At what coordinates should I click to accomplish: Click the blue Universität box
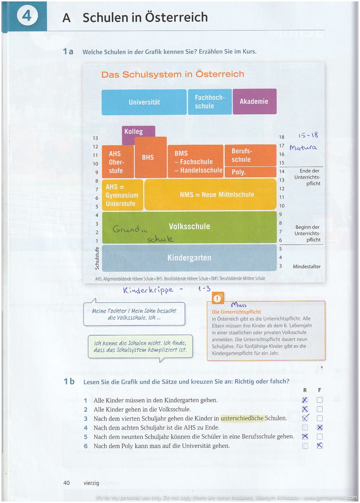[x=144, y=102]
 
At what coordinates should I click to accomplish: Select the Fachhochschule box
[x=210, y=102]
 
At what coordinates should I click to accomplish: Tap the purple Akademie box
[x=254, y=101]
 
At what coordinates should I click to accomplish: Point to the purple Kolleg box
[x=134, y=132]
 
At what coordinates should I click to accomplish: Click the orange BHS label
[x=148, y=157]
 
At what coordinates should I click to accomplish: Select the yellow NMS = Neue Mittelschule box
[x=217, y=194]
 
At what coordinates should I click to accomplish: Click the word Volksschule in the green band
[x=190, y=226]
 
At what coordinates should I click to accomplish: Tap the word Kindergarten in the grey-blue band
[x=189, y=258]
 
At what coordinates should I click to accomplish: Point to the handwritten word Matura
[x=303, y=148]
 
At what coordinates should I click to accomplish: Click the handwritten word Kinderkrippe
[x=148, y=290]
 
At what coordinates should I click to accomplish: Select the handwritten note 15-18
[x=308, y=135]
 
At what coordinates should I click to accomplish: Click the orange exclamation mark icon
[x=217, y=298]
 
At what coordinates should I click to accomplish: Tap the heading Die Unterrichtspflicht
[x=236, y=312]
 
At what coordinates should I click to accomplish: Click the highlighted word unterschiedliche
[x=242, y=418]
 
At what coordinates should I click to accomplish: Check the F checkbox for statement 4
[x=319, y=427]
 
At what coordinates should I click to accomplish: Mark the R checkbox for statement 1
[x=305, y=400]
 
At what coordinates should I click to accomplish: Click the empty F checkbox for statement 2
[x=319, y=409]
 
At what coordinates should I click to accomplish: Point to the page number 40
[x=67, y=483]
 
